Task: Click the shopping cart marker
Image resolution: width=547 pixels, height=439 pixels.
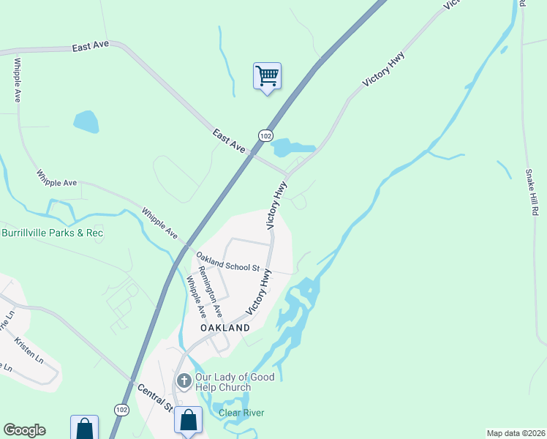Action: click(268, 75)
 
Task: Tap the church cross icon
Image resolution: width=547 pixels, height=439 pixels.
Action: click(184, 381)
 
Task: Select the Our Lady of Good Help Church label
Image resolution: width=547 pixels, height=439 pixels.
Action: click(234, 382)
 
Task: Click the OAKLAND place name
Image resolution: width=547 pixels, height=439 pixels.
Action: click(225, 329)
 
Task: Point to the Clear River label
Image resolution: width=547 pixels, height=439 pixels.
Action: click(241, 413)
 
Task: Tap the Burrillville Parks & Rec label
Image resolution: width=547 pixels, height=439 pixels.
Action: click(53, 233)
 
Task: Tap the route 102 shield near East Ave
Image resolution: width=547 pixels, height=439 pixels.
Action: click(266, 135)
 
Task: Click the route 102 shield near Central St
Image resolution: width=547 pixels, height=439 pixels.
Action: click(121, 410)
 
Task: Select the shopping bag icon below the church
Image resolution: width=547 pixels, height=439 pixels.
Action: click(189, 421)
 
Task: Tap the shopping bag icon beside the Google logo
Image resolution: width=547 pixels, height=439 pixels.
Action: click(84, 428)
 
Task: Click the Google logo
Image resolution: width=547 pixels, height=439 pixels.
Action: click(24, 430)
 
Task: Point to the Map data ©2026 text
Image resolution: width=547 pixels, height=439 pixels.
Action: click(516, 433)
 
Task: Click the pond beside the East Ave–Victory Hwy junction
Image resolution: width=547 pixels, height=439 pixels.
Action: click(291, 147)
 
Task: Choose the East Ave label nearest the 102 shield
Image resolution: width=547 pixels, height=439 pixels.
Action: click(230, 141)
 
